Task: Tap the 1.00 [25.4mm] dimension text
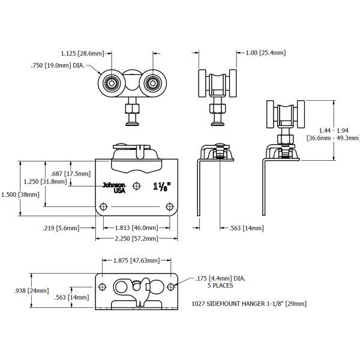[x=266, y=53]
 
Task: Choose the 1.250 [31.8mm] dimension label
[x=45, y=182]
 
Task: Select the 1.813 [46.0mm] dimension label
[x=137, y=228]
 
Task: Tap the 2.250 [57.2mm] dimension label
[x=137, y=239]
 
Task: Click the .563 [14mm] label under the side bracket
[x=242, y=228]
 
